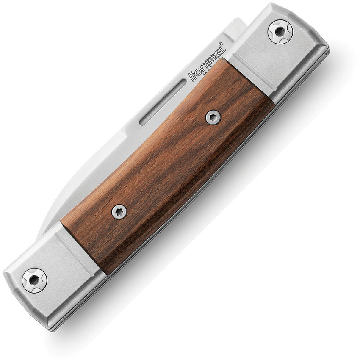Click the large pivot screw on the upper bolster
click(x=280, y=31)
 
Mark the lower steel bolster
click(x=51, y=275)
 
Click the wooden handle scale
click(x=165, y=165)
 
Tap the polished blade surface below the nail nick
click(x=127, y=140)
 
